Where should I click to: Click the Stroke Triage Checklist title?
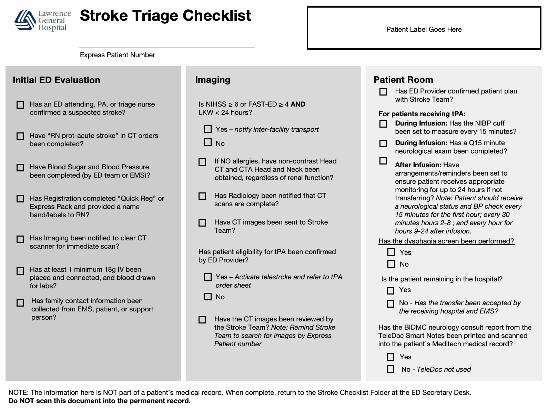165,16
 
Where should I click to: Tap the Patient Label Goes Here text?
424,30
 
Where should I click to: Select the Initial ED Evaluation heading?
56,80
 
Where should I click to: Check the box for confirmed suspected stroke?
21,105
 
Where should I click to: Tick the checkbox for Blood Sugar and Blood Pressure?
21,168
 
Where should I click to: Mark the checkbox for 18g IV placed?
21,271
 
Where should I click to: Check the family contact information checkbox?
21,302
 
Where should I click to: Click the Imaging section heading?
212,80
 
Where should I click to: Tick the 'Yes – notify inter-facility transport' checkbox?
208,129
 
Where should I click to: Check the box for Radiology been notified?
202,196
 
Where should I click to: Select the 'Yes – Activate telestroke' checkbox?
208,277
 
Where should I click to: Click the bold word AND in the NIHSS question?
298,104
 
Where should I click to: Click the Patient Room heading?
403,80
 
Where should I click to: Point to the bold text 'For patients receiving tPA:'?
422,114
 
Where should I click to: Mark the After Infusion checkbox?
383,161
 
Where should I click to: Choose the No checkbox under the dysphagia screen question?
391,264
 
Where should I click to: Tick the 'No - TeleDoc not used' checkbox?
390,369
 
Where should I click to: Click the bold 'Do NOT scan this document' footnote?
99,401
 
